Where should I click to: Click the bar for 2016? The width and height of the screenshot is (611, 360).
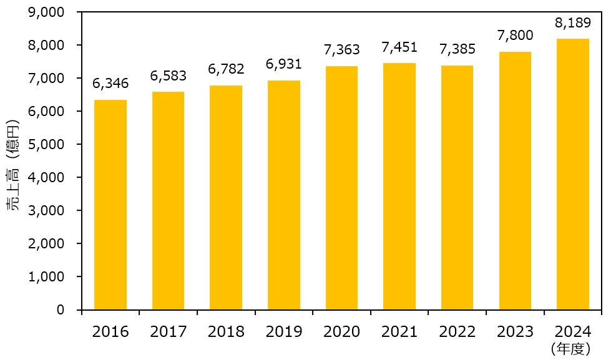pyautogui.click(x=110, y=205)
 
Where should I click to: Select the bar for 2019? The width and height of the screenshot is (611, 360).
pyautogui.click(x=284, y=195)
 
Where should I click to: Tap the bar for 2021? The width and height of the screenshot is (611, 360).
pyautogui.click(x=399, y=187)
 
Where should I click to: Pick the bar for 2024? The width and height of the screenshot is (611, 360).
pyautogui.click(x=573, y=174)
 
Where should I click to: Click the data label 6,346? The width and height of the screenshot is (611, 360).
pyautogui.click(x=110, y=84)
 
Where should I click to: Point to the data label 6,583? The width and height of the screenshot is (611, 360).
pyautogui.click(x=168, y=76)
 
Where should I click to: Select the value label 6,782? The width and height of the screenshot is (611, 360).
pyautogui.click(x=226, y=69)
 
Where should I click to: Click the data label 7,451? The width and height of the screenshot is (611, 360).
pyautogui.click(x=399, y=47)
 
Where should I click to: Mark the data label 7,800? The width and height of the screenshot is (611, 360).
pyautogui.click(x=515, y=36)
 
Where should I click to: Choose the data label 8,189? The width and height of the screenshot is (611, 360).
pyautogui.click(x=573, y=23)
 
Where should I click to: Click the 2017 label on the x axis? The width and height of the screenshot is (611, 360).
pyautogui.click(x=168, y=331)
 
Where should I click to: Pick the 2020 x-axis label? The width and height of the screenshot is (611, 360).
pyautogui.click(x=341, y=331)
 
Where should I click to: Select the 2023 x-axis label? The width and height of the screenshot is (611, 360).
pyautogui.click(x=515, y=331)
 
